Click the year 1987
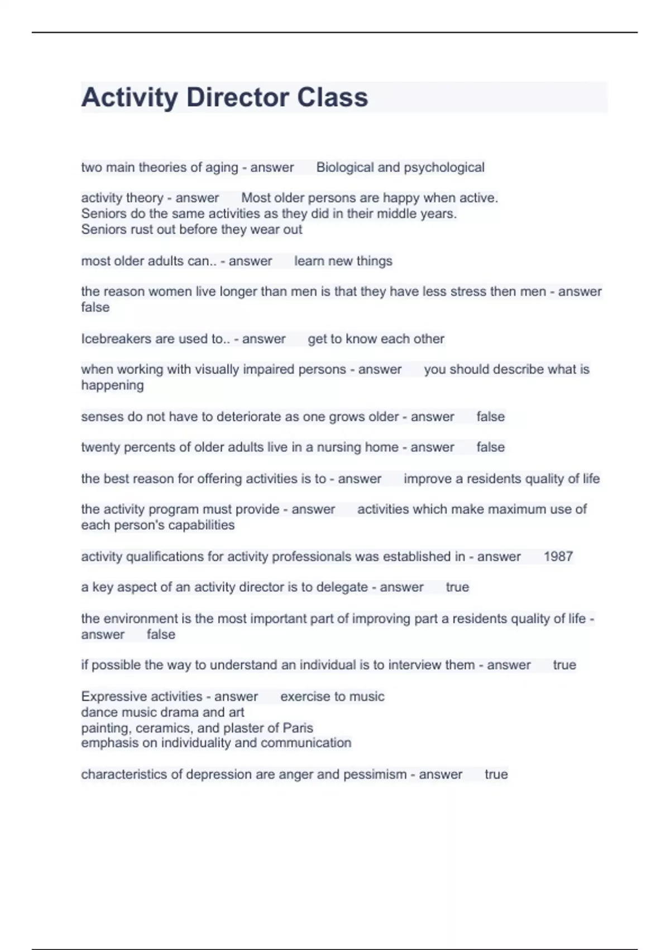coord(558,557)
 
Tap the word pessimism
coord(375,775)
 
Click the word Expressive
coord(113,697)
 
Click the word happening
coord(112,386)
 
